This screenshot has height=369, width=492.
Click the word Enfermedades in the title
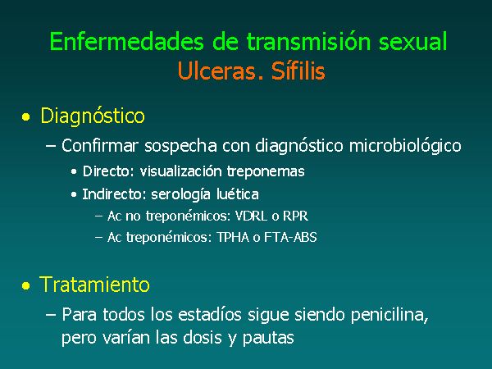tap(127, 42)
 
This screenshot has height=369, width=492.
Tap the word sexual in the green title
tap(412, 42)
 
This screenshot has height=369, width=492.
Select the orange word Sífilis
tap(298, 71)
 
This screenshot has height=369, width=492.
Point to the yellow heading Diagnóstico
tap(93, 116)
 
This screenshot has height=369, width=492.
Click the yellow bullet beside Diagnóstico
tap(26, 117)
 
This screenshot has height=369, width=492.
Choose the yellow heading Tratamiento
tap(94, 285)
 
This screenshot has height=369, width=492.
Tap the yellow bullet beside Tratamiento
tap(26, 286)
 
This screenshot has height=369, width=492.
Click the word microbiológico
tap(405, 146)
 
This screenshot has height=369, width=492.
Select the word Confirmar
tap(100, 146)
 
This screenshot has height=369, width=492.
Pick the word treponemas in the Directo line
tap(266, 171)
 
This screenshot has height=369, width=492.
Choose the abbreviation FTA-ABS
tap(290, 237)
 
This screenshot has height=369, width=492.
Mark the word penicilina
tap(389, 315)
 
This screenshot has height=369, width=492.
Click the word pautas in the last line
tap(268, 338)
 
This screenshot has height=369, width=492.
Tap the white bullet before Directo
tap(74, 171)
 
